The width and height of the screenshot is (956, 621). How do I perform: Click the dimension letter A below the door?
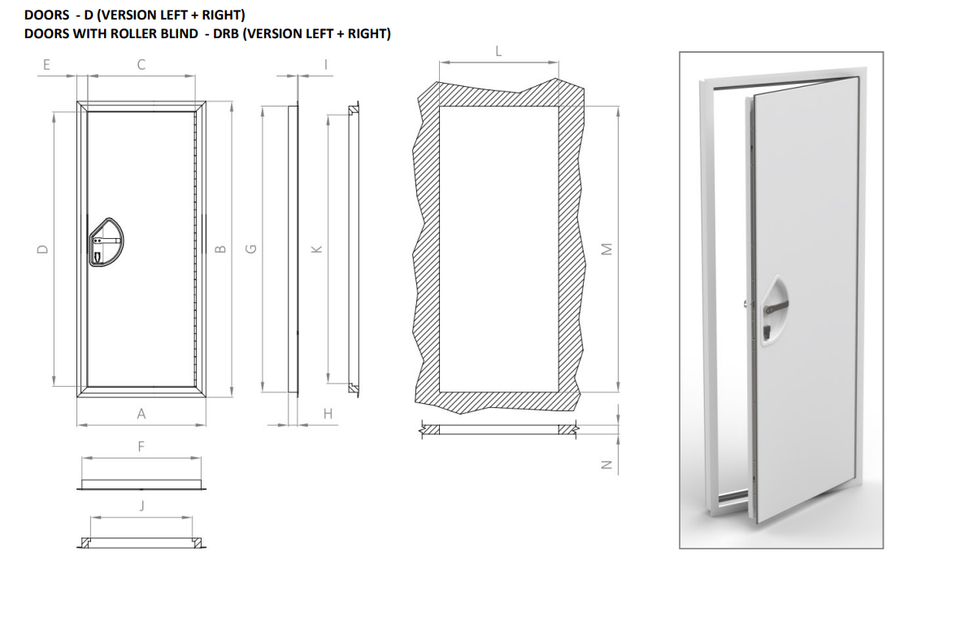pos(141,414)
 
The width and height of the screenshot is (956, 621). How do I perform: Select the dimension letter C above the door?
pos(141,64)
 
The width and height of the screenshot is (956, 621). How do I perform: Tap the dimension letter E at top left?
pos(46,64)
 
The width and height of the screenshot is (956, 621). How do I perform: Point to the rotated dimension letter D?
pos(42,249)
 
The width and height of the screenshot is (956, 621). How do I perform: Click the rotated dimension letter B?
pos(221,249)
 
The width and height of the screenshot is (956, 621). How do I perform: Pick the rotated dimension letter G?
pos(250,249)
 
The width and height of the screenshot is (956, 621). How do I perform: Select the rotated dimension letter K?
pos(316,249)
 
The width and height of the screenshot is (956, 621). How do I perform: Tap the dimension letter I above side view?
pos(326,64)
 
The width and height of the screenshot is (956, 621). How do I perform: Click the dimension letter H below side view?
pos(328,414)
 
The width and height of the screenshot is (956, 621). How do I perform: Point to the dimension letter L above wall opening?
pos(499,51)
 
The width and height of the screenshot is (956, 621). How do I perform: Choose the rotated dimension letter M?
pos(606,249)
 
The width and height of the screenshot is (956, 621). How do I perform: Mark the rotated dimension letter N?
pos(606,464)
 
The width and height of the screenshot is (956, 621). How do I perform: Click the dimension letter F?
pos(141,447)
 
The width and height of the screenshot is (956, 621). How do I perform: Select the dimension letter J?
pos(142,506)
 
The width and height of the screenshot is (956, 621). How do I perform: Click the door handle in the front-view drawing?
pos(106,242)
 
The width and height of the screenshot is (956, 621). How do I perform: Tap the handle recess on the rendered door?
pos(772,310)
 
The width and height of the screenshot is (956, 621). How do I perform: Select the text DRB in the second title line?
pos(226,33)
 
